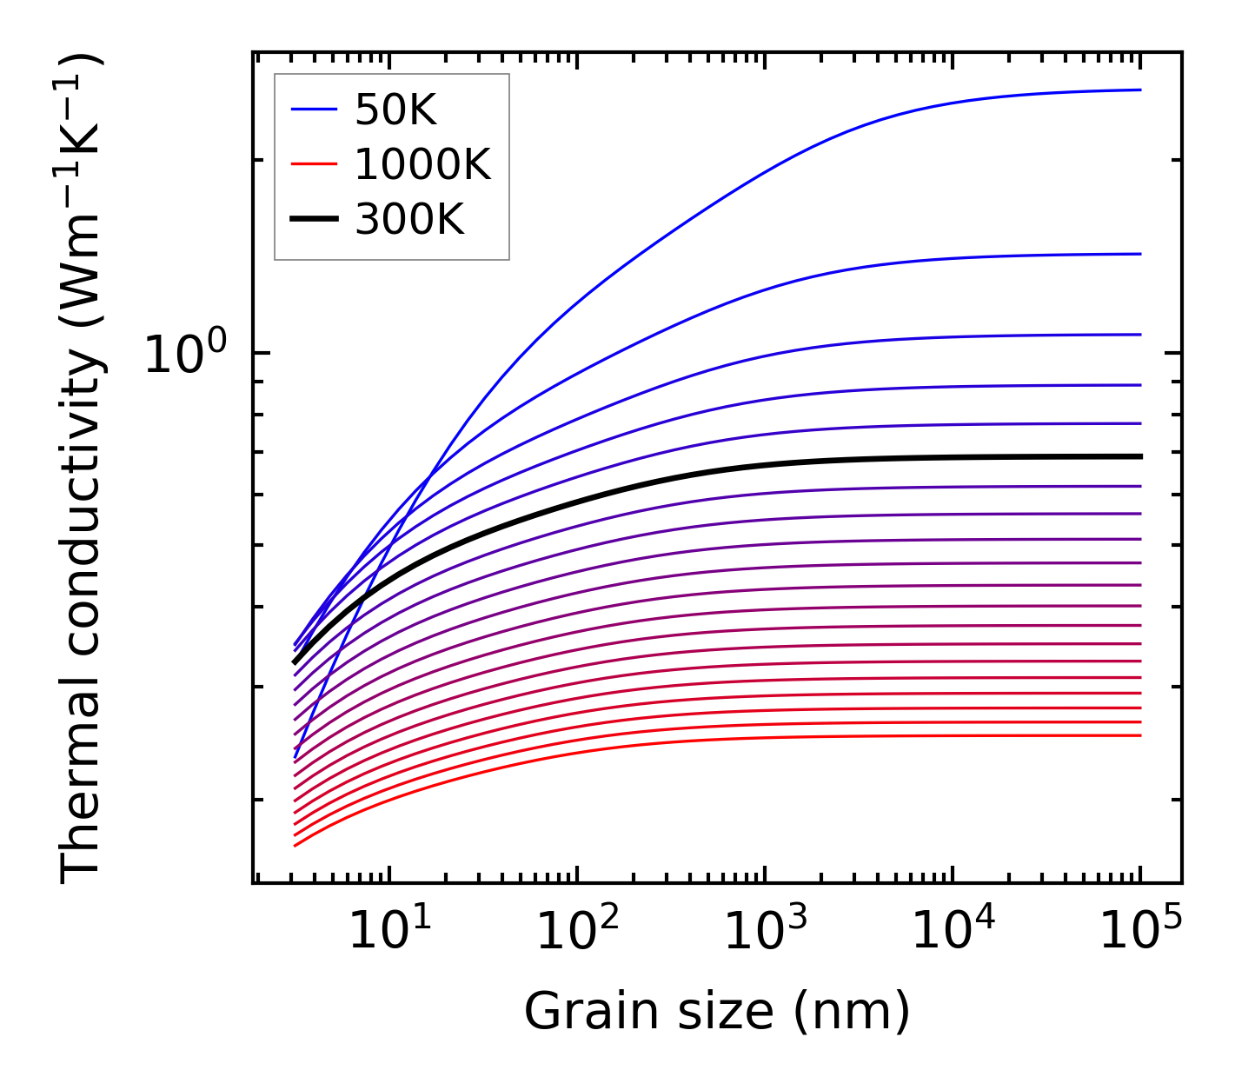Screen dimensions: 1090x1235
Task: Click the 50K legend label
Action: click(395, 110)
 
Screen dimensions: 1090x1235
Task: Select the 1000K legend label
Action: click(422, 164)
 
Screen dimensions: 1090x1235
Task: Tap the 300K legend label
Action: click(409, 220)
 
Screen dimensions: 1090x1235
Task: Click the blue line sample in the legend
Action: click(313, 110)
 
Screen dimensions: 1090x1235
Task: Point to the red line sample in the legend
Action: click(313, 164)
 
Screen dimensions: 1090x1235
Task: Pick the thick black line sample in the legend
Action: click(313, 220)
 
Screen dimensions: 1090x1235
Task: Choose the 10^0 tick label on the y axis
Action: click(184, 355)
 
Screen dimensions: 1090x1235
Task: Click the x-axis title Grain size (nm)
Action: click(717, 1012)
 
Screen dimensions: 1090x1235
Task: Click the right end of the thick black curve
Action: click(1139, 456)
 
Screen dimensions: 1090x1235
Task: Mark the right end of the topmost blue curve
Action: click(1139, 90)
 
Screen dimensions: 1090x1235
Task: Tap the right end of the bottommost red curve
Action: click(1139, 735)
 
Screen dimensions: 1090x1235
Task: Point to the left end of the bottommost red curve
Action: click(295, 845)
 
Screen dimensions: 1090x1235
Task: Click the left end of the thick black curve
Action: click(295, 662)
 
